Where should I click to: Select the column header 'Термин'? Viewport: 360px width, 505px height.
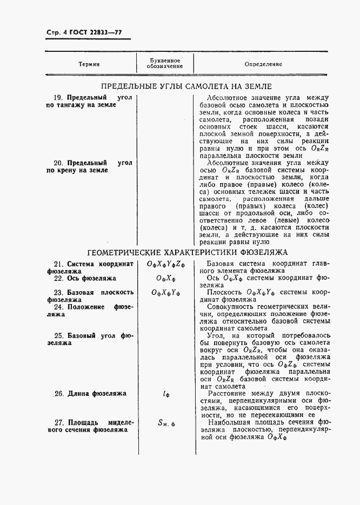(x=89, y=64)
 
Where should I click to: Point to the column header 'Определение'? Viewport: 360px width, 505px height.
(x=263, y=64)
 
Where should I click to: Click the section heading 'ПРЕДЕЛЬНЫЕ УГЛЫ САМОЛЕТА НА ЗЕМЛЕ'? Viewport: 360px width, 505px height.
(x=186, y=86)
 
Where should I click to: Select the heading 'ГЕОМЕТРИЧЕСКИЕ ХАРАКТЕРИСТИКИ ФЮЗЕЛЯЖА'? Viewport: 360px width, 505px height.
(x=188, y=252)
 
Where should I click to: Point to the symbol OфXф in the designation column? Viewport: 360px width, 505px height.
(x=165, y=278)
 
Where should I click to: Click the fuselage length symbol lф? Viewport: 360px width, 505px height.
(x=165, y=394)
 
